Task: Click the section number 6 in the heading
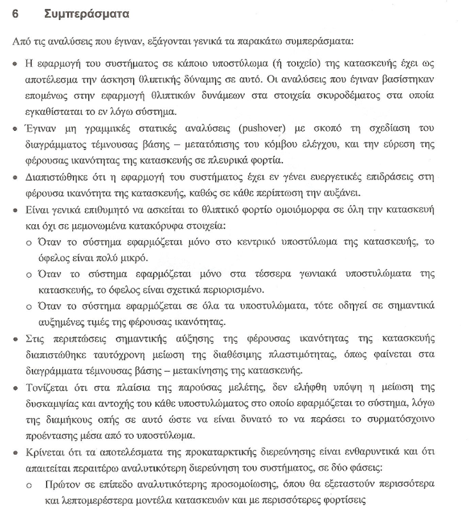pos(15,13)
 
